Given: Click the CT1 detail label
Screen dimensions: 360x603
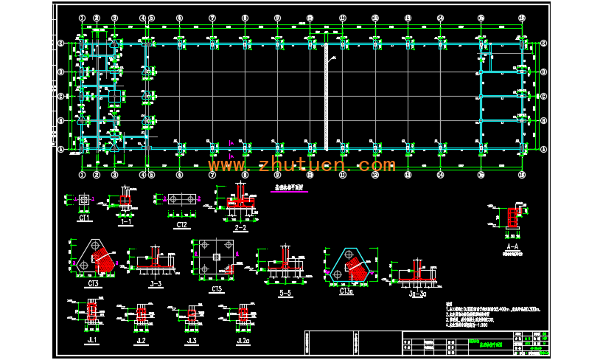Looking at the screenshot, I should click(x=84, y=219).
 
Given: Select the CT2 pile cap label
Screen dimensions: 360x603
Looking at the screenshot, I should click(x=181, y=223).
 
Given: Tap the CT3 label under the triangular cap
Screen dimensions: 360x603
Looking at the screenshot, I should click(x=94, y=283).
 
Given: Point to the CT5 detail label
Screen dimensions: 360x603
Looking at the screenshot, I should click(x=217, y=289).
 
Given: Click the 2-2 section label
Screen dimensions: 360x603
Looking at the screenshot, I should click(x=240, y=229).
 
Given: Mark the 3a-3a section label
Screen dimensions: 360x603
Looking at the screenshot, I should click(x=414, y=292).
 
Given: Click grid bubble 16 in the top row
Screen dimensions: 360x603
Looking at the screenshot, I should click(x=522, y=17).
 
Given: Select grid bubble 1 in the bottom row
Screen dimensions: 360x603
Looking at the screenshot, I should click(x=82, y=176).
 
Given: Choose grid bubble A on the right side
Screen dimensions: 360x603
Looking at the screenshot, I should click(x=543, y=148).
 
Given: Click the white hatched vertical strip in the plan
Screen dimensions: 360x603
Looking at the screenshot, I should click(x=325, y=96).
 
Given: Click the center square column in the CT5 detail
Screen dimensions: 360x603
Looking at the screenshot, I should click(x=215, y=257).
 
